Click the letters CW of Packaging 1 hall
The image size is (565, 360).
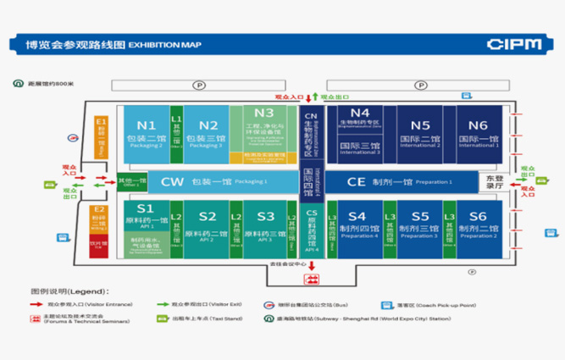click(x=172, y=181)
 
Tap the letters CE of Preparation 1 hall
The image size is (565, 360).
click(x=357, y=181)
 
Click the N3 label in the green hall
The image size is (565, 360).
click(x=263, y=113)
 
